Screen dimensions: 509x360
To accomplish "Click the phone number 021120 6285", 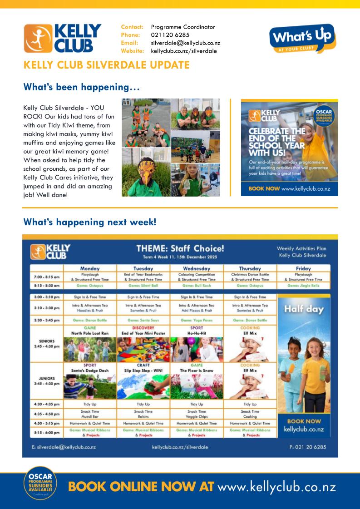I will pyautogui.click(x=170, y=35).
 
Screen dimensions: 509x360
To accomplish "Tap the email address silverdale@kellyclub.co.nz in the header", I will pyautogui.click(x=185, y=43).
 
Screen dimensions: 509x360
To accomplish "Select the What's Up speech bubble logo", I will pyautogui.click(x=302, y=38).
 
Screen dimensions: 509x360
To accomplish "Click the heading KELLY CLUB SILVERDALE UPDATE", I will pyautogui.click(x=106, y=65).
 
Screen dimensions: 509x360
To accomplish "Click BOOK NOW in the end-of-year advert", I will pyautogui.click(x=260, y=188).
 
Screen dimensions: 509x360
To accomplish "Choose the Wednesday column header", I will pyautogui.click(x=197, y=268).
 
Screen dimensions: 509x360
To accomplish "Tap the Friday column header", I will pyautogui.click(x=303, y=268).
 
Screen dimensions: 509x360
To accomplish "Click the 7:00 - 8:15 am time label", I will pyautogui.click(x=47, y=277).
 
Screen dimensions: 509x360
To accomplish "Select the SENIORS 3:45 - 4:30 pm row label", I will pyautogui.click(x=47, y=343).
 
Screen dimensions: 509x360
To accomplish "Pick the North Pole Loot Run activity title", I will pyautogui.click(x=90, y=333).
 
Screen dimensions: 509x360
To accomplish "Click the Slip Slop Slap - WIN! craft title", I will pyautogui.click(x=143, y=371).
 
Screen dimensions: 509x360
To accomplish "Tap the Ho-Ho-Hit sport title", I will pyautogui.click(x=197, y=333).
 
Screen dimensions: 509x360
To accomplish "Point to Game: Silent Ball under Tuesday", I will pyautogui.click(x=143, y=286).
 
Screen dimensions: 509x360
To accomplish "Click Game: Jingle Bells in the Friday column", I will pyautogui.click(x=303, y=286).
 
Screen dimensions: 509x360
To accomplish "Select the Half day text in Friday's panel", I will pyautogui.click(x=303, y=310).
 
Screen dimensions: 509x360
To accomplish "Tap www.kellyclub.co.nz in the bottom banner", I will pyautogui.click(x=276, y=487).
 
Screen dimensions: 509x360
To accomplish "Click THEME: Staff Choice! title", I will pyautogui.click(x=180, y=249).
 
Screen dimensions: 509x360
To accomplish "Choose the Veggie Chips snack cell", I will pyautogui.click(x=197, y=415).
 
